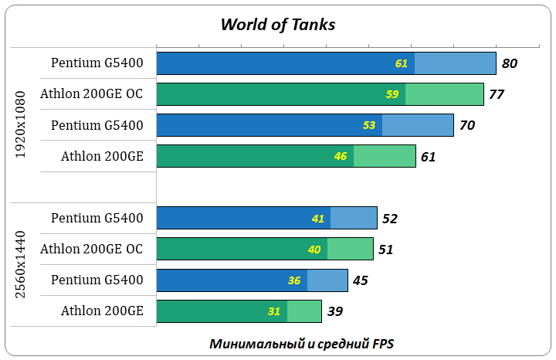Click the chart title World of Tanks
pyautogui.click(x=277, y=25)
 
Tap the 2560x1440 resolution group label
pyautogui.click(x=22, y=264)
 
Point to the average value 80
pyautogui.click(x=510, y=63)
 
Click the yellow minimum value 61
pyautogui.click(x=402, y=63)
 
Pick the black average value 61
pyautogui.click(x=429, y=157)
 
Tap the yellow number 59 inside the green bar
pyautogui.click(x=392, y=94)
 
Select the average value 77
pyautogui.click(x=497, y=94)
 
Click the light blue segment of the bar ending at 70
pyautogui.click(x=418, y=125)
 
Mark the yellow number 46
pyautogui.click(x=341, y=157)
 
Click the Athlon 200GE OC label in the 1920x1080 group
pyautogui.click(x=92, y=94)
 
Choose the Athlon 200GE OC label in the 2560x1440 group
pyautogui.click(x=92, y=249)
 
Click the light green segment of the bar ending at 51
pyautogui.click(x=351, y=249)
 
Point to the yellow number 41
pyautogui.click(x=318, y=219)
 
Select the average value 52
pyautogui.click(x=390, y=219)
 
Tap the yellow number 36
pyautogui.click(x=294, y=280)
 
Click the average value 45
pyautogui.click(x=360, y=280)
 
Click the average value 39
pyautogui.click(x=335, y=311)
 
